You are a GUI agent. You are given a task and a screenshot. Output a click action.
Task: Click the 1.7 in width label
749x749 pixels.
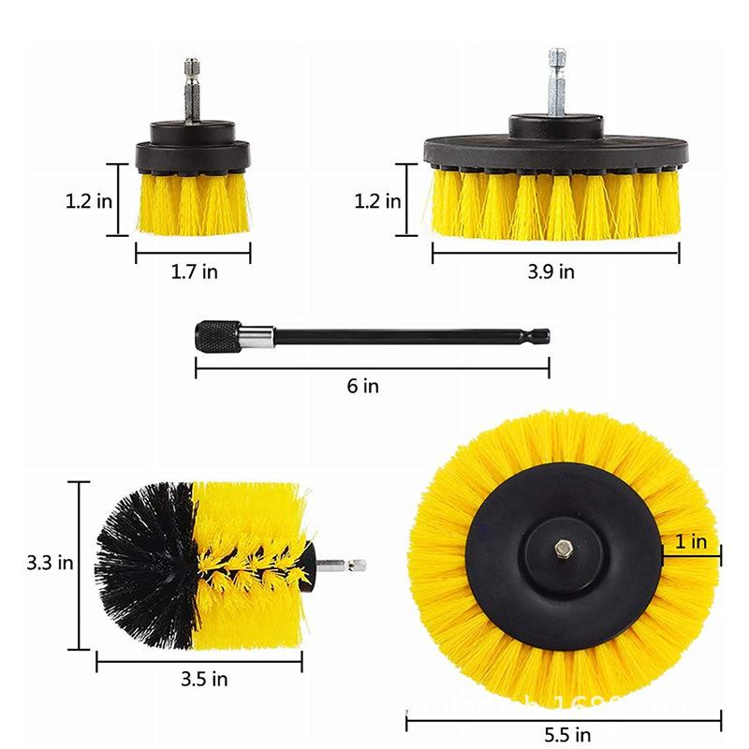194,272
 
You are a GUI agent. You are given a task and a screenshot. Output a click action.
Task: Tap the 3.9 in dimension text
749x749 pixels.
552,272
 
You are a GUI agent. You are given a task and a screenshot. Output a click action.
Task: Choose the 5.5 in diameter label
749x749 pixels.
568,734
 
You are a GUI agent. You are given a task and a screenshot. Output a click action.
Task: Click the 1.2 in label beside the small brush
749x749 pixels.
90,200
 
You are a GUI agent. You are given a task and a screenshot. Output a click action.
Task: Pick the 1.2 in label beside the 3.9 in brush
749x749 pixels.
378,200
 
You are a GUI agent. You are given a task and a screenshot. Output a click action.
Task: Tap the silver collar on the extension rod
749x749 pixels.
255,333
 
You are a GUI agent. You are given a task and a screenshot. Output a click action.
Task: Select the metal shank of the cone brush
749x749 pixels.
343,565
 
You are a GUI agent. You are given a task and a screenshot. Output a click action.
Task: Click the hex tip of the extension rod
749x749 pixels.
542,334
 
